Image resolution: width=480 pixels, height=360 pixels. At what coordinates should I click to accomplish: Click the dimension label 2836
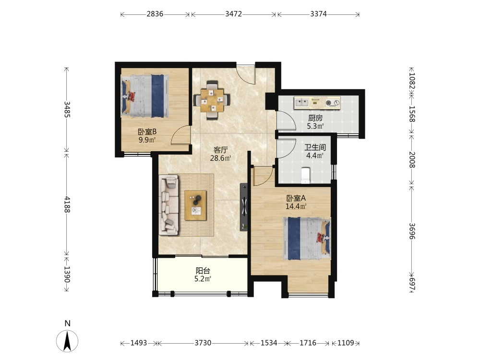click(x=155, y=14)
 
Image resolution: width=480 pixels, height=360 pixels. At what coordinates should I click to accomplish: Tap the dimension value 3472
click(x=234, y=14)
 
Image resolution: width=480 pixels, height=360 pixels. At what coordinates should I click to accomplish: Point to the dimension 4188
click(x=67, y=205)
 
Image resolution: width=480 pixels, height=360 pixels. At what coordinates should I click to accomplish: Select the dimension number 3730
click(x=203, y=343)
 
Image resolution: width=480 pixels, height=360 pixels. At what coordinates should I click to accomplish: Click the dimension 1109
click(x=346, y=343)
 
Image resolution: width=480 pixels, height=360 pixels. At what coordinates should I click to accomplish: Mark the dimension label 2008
click(x=412, y=159)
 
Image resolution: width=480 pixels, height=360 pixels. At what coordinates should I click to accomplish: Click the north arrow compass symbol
click(x=67, y=340)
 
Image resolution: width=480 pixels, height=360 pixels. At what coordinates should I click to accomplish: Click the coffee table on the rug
click(x=195, y=205)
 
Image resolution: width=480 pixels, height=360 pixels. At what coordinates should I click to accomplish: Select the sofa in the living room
click(x=168, y=205)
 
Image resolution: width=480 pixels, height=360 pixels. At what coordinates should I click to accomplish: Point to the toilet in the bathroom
click(x=305, y=175)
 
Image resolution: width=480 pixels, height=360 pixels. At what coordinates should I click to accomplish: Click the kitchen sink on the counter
click(x=301, y=102)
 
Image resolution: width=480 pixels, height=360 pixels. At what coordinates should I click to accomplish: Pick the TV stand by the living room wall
click(x=244, y=207)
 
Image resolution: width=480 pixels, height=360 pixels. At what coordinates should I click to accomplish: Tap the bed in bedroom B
click(x=145, y=96)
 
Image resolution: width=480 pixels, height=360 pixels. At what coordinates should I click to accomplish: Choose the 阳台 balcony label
click(x=203, y=271)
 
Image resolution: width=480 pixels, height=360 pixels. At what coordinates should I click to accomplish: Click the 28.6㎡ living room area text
click(x=220, y=158)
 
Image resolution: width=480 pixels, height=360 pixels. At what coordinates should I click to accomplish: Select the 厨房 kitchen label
click(x=315, y=118)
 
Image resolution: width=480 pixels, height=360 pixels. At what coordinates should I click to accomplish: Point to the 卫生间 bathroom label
click(x=315, y=147)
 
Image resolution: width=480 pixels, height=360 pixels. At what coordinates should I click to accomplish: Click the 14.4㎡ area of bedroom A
click(x=296, y=206)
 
